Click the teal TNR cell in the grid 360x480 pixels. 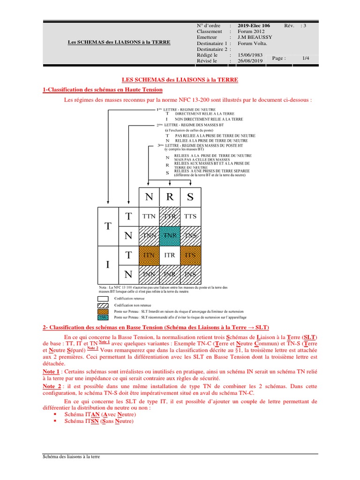point(170,236)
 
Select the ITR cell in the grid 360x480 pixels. point(170,255)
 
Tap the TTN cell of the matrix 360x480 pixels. point(149,216)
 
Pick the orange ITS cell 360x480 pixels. point(190,255)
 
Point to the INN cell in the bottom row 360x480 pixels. point(149,274)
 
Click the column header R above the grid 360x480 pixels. point(170,197)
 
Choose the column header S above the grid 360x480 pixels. point(190,197)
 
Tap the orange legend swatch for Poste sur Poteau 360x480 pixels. point(103,311)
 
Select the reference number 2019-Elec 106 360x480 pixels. point(254,25)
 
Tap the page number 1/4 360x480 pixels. point(306,58)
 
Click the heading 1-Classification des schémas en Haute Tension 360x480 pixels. point(103,90)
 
